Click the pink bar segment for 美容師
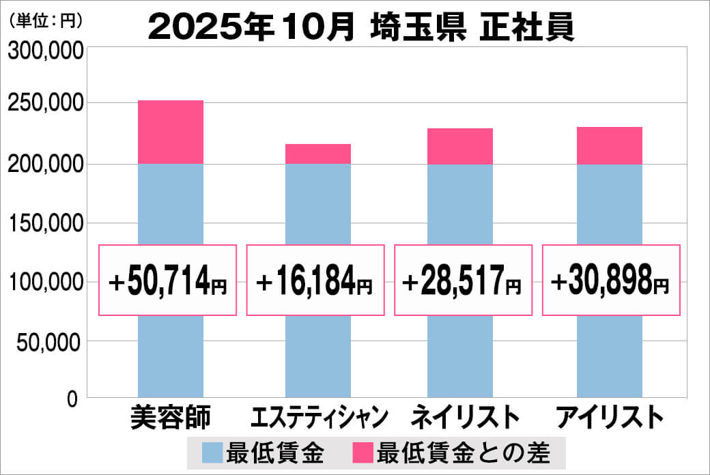[x=170, y=132]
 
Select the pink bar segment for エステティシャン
[x=317, y=154]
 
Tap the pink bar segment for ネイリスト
[x=459, y=146]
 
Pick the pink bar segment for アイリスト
[x=609, y=145]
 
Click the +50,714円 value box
[x=169, y=280]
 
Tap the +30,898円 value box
[x=611, y=280]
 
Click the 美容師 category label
[x=171, y=417]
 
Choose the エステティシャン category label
[x=319, y=417]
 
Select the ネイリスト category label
[x=464, y=417]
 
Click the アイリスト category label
[x=610, y=417]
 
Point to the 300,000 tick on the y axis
[x=45, y=51]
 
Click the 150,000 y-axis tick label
[x=45, y=223]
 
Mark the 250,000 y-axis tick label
[x=45, y=104]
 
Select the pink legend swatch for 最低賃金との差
[x=363, y=452]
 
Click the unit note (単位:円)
[x=45, y=20]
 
